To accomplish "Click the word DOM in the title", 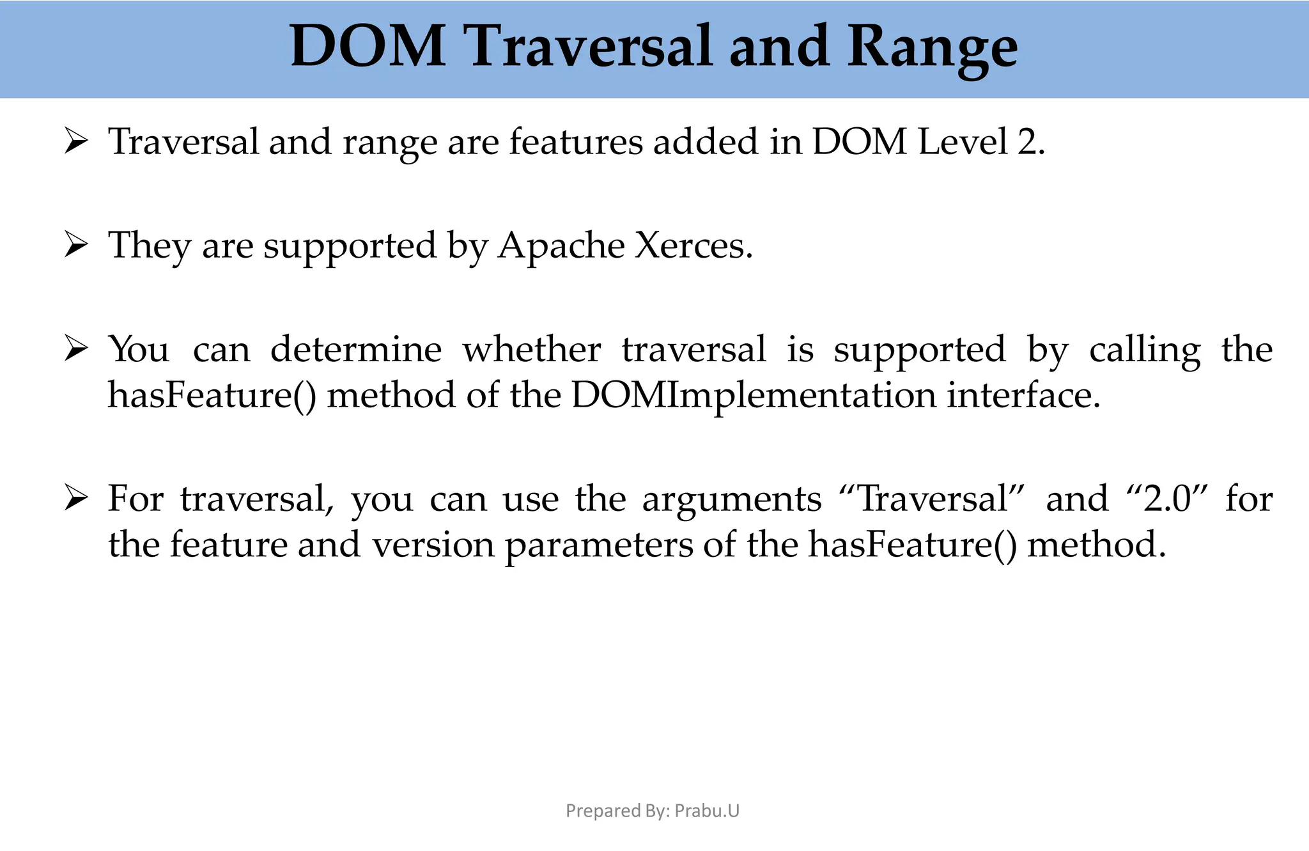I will pos(368,46).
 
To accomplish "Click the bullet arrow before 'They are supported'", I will pos(75,246).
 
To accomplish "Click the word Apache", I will pos(561,246).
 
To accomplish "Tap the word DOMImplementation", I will pos(754,395).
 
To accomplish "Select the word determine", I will pos(356,350).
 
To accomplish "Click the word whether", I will pos(531,350).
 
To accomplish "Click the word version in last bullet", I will pos(433,545).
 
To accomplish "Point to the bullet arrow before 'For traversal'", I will pos(75,499).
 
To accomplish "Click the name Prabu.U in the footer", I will pos(707,811).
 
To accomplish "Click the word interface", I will pos(1023,395).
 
